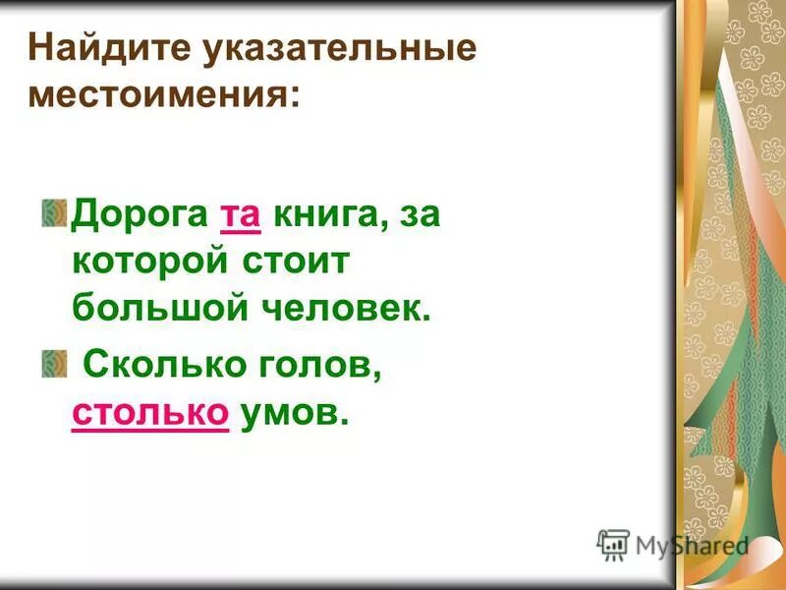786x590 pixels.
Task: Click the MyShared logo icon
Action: [613, 544]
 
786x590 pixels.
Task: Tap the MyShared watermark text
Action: [692, 545]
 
